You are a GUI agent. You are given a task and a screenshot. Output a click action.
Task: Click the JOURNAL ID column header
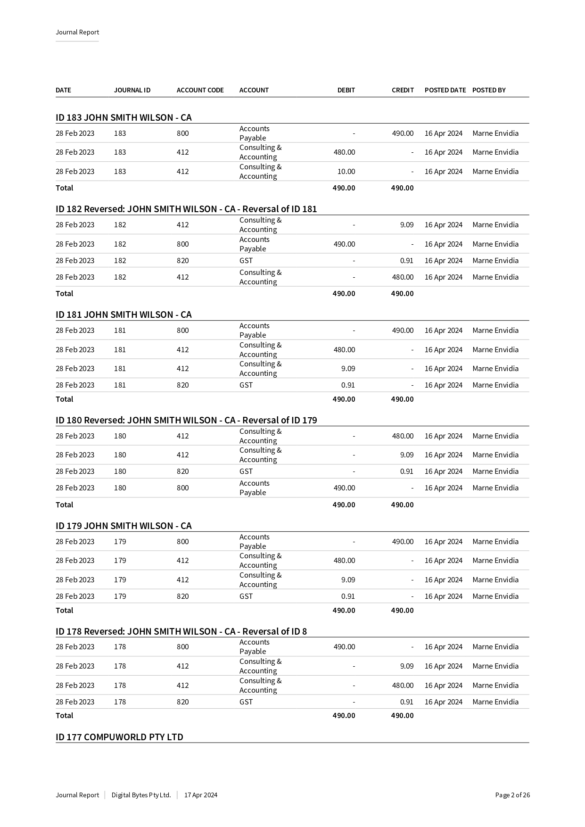(x=132, y=90)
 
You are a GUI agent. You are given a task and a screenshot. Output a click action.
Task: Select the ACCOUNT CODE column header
(x=200, y=90)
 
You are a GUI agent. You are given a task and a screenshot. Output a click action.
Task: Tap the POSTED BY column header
(x=489, y=90)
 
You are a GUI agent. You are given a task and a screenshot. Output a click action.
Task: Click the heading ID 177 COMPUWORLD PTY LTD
(x=119, y=737)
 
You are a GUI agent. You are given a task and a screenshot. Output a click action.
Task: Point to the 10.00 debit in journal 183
(x=346, y=172)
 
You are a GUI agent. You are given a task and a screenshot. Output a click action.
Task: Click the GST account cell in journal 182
(x=246, y=261)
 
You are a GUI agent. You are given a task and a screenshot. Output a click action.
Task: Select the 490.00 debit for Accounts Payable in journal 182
(x=344, y=244)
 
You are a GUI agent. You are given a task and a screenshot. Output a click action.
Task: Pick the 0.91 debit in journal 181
(x=348, y=385)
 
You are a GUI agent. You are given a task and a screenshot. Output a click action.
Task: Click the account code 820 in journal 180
(x=183, y=471)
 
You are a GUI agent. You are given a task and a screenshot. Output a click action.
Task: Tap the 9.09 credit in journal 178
(x=407, y=666)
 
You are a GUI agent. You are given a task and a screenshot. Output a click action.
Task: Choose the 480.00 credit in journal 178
(x=403, y=686)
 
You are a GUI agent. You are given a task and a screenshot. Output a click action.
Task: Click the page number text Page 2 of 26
(x=512, y=795)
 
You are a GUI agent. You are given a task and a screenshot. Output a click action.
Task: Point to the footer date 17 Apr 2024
(x=201, y=795)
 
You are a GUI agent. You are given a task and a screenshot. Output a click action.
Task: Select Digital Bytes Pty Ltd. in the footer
(x=141, y=795)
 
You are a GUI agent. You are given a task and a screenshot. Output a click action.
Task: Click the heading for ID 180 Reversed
(x=186, y=420)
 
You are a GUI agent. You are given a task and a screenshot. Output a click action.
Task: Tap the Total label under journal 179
(x=65, y=611)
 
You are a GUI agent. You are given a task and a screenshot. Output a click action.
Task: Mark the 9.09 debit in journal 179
(x=348, y=580)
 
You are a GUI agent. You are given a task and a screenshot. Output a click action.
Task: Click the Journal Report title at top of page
(x=77, y=32)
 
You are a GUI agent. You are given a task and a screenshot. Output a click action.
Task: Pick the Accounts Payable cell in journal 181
(x=254, y=331)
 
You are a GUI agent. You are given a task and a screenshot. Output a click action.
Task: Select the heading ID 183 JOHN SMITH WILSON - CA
(x=124, y=117)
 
